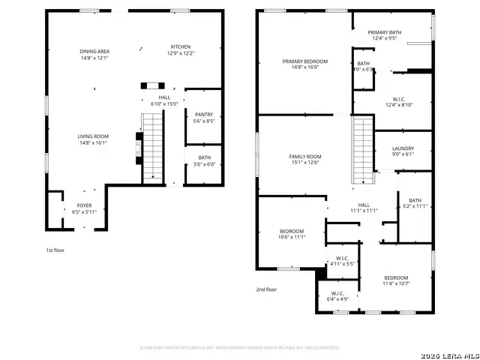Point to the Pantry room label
tap(203, 117)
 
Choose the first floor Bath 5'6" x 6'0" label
tap(204, 160)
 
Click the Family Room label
tap(305, 159)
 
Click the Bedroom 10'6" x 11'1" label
tap(292, 233)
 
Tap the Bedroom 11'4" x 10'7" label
tap(397, 280)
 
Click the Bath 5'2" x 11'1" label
tap(415, 202)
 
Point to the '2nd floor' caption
tap(266, 289)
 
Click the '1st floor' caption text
tap(55, 250)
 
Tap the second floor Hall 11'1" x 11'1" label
tap(364, 208)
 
